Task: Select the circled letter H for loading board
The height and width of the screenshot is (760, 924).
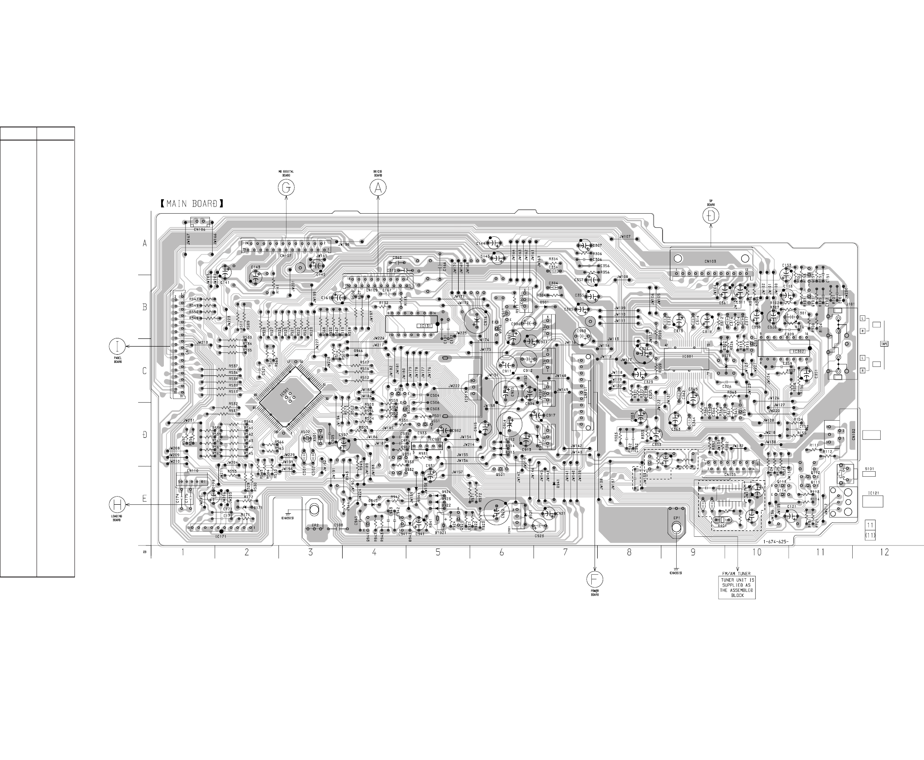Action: tap(117, 505)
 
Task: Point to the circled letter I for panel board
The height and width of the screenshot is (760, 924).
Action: tap(117, 347)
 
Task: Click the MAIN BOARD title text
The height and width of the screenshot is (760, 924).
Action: tap(192, 204)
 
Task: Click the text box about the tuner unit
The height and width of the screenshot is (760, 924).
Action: tap(737, 587)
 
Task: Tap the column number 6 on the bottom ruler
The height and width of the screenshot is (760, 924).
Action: tap(501, 552)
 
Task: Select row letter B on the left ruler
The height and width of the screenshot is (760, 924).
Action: tap(145, 307)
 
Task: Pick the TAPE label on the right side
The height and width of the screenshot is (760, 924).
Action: tap(885, 344)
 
